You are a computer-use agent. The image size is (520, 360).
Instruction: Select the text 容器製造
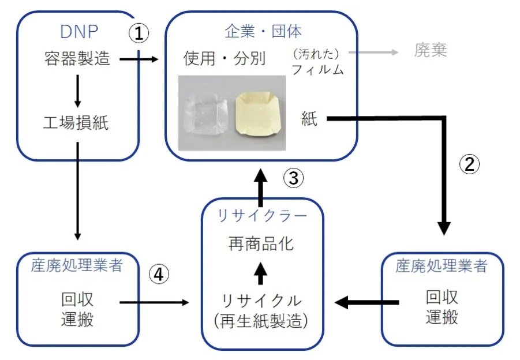click(x=77, y=59)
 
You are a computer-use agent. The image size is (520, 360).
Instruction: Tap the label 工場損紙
click(x=77, y=123)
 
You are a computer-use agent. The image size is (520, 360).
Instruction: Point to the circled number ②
click(x=469, y=164)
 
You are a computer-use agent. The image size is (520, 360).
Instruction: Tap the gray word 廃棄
click(x=431, y=51)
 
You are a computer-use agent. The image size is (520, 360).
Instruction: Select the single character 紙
click(x=309, y=119)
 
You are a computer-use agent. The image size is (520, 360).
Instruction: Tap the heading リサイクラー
click(x=262, y=216)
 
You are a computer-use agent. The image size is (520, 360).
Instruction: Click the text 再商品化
click(x=261, y=243)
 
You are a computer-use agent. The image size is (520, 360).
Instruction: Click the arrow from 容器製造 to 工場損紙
click(x=77, y=91)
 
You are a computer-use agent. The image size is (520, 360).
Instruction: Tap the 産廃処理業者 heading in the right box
click(x=442, y=266)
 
